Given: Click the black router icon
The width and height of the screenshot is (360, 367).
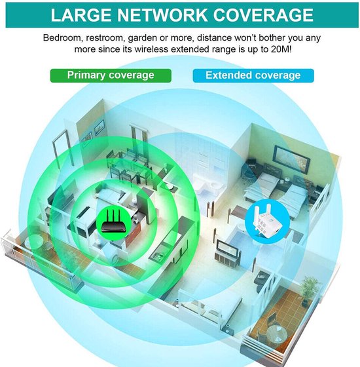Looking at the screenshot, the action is (113, 221).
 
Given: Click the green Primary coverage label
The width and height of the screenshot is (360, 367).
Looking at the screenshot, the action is (111, 75).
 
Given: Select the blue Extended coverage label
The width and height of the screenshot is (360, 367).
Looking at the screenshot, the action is (253, 75).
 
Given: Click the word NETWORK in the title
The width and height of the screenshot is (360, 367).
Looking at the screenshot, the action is (162, 15).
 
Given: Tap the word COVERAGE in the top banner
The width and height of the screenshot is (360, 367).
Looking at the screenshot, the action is (263, 15).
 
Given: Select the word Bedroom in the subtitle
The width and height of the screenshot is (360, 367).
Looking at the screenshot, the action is (63, 38).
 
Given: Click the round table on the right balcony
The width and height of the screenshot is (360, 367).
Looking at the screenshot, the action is (277, 334).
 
